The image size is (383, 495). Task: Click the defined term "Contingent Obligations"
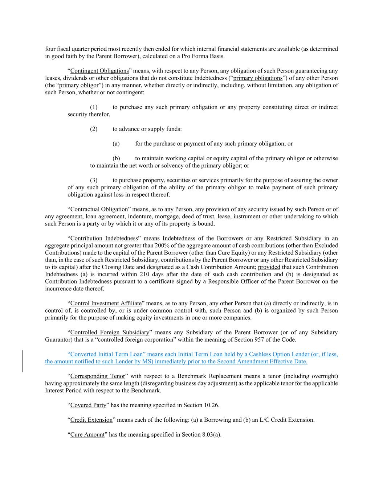[99, 71]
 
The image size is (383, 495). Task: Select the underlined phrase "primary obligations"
[257, 78]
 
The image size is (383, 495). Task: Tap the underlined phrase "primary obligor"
[79, 85]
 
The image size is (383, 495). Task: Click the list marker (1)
[94, 107]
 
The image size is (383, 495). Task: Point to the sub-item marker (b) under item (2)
[116, 158]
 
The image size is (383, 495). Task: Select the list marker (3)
[94, 180]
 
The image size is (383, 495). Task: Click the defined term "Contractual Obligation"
[99, 209]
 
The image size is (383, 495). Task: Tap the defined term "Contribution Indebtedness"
[104, 238]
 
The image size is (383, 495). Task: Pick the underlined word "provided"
[269, 267]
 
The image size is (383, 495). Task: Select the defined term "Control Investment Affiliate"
[106, 304]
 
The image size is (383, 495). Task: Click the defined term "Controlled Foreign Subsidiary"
[110, 333]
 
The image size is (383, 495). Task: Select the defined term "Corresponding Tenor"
[97, 376]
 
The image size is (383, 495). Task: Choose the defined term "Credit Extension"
[91, 420]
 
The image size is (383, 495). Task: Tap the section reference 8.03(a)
[212, 434]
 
